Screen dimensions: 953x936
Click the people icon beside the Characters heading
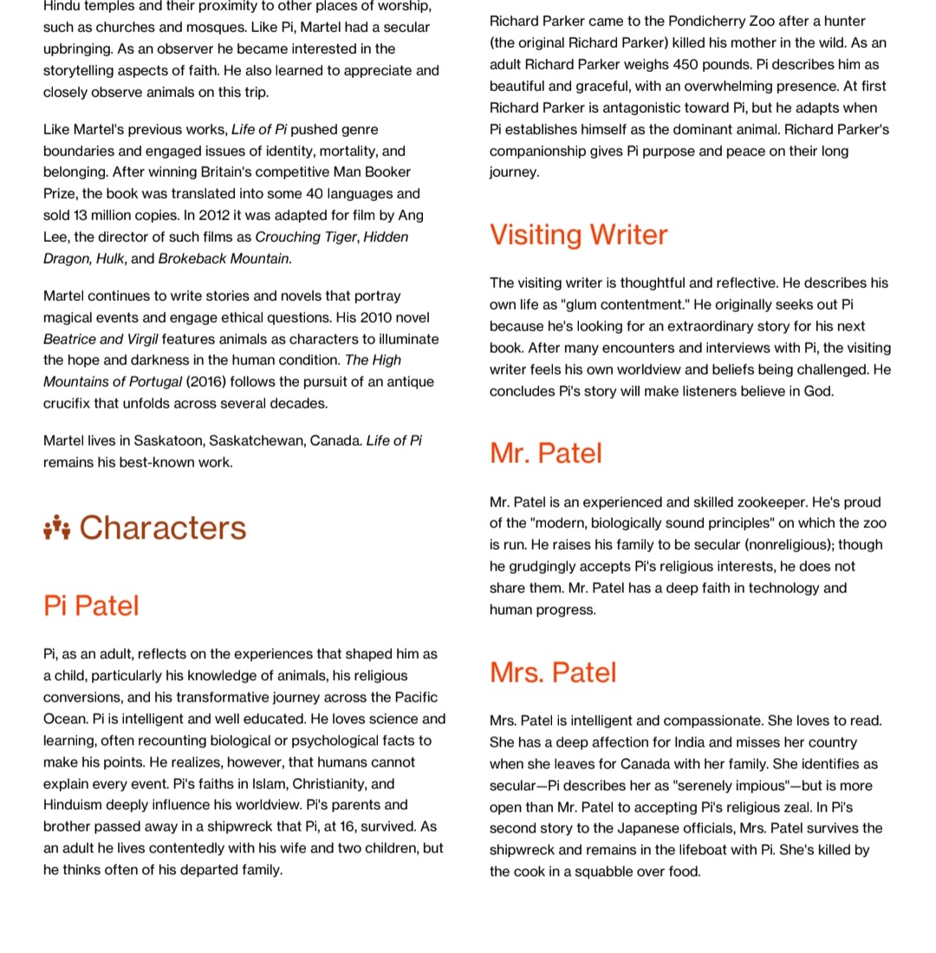tap(56, 527)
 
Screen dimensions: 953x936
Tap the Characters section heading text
tap(163, 528)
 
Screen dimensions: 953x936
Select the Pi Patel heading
tap(91, 605)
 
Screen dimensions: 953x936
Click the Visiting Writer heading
tap(578, 235)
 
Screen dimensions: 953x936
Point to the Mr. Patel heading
tap(545, 454)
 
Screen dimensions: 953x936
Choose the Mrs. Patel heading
tap(553, 673)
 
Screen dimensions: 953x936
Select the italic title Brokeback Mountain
tap(224, 258)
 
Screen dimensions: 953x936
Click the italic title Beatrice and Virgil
tap(101, 339)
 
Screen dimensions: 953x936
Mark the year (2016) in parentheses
tap(205, 382)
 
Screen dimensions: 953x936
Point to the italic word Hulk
tap(109, 258)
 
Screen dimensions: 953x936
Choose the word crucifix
tap(71, 403)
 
